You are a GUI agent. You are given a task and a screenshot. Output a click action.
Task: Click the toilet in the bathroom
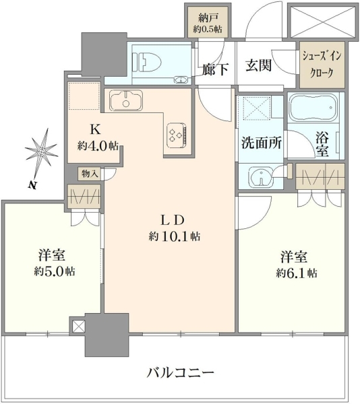click(x=146, y=63)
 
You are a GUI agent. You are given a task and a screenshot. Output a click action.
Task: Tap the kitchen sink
click(x=126, y=100)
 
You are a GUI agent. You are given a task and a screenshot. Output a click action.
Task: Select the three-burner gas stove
click(x=177, y=135)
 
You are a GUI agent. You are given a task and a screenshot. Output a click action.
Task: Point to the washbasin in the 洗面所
click(x=260, y=178)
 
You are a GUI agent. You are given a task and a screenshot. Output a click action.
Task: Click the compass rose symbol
click(x=41, y=152)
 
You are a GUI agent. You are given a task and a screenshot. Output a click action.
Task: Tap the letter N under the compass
click(x=32, y=184)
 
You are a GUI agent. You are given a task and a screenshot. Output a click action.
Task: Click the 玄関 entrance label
click(x=258, y=65)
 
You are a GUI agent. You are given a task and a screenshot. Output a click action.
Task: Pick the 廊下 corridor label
click(x=215, y=69)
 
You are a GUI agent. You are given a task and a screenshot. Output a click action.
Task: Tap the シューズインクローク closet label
click(x=322, y=65)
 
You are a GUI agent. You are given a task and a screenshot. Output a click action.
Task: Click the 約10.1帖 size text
click(x=175, y=236)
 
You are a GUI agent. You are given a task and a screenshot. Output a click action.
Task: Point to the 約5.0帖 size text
click(x=55, y=271)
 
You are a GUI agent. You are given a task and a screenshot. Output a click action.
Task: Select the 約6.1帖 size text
click(x=297, y=273)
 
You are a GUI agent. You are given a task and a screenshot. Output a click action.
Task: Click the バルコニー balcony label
click(x=180, y=373)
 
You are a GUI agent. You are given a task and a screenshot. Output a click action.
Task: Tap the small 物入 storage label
click(x=90, y=174)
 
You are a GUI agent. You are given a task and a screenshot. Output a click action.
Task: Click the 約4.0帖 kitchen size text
click(x=98, y=146)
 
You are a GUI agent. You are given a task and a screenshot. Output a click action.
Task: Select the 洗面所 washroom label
click(x=261, y=143)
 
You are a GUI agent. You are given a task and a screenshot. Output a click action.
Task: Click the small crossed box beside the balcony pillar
click(x=78, y=326)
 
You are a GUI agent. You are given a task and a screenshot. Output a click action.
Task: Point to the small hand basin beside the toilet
click(x=181, y=80)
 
